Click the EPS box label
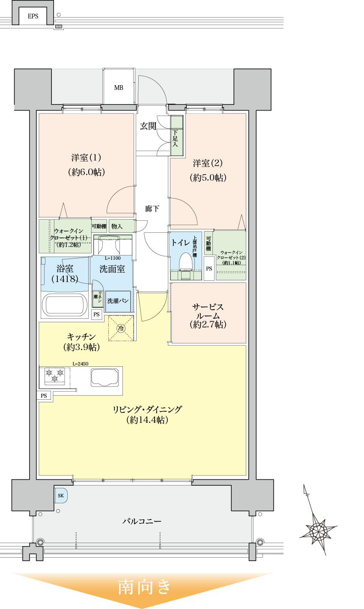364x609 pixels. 33,16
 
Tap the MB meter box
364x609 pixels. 119,87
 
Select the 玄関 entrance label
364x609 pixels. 148,126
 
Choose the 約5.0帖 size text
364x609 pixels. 208,178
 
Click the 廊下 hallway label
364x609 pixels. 152,209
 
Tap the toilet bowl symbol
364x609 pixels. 185,262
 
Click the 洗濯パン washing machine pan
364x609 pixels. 118,301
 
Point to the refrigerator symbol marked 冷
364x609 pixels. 121,328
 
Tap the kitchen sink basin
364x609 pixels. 104,377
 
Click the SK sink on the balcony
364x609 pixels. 61,495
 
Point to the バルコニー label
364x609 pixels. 142,521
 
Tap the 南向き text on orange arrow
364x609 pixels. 145,587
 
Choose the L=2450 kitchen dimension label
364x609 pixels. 80,364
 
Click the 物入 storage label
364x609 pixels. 116,226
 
